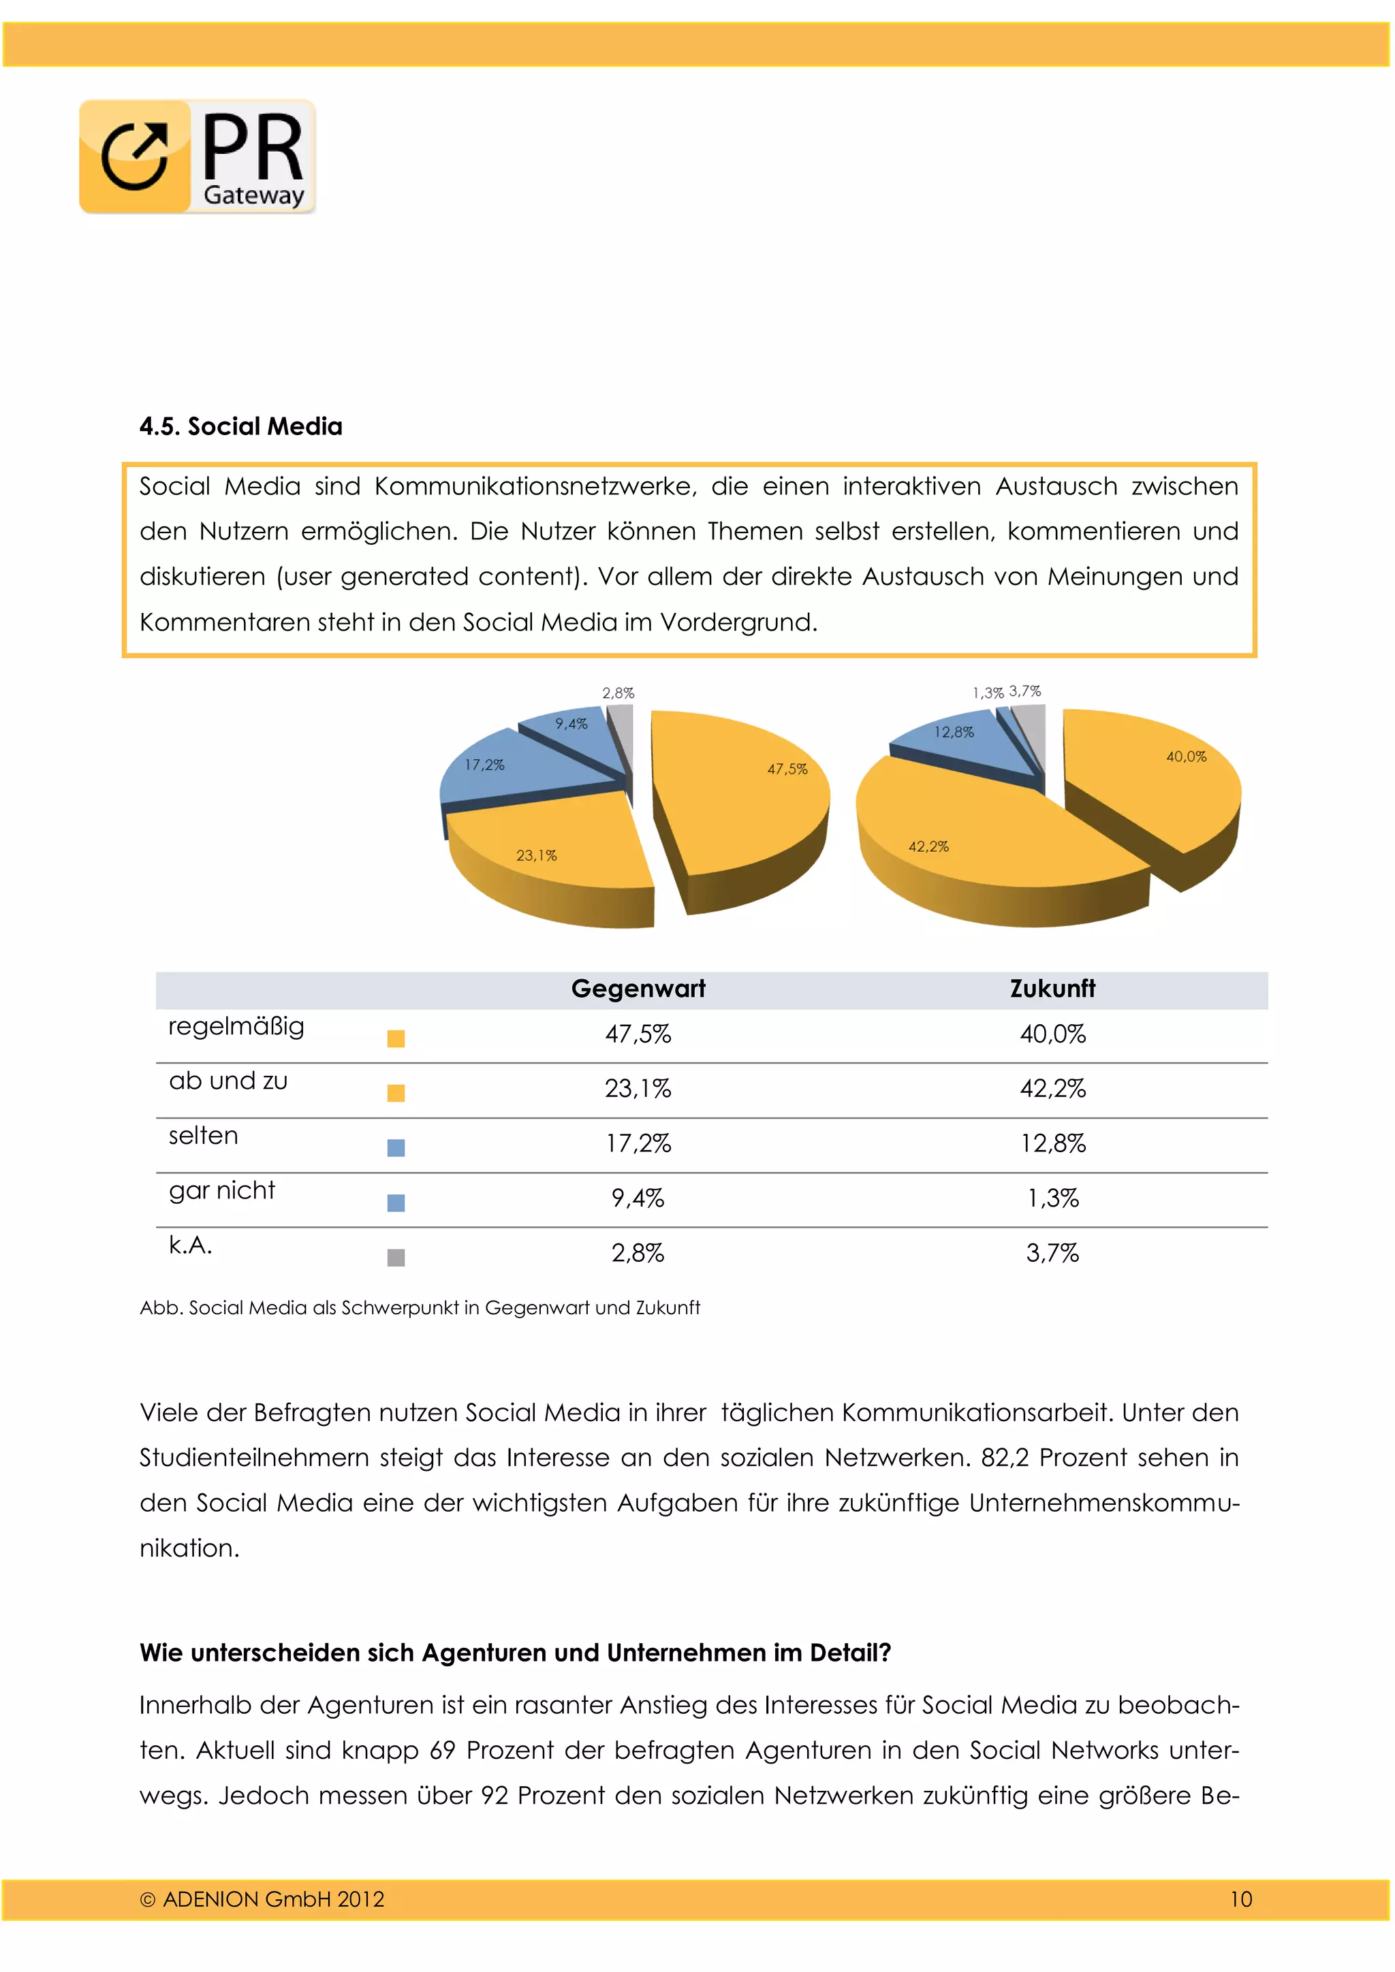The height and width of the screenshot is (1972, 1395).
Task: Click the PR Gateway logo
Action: pos(198,157)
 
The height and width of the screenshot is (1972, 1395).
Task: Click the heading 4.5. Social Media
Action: pos(240,426)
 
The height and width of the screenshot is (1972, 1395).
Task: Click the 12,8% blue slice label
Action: pos(954,732)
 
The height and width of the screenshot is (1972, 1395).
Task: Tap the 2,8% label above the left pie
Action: pos(618,693)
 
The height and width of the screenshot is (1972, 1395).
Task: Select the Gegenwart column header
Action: pos(638,989)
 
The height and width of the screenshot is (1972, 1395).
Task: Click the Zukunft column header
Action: pos(1052,989)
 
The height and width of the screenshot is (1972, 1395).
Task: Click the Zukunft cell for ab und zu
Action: pos(1052,1089)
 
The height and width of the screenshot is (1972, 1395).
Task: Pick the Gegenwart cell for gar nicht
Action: pos(638,1198)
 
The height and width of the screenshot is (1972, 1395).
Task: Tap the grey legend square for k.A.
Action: pos(396,1258)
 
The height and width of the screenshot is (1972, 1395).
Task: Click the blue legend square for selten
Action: pos(396,1148)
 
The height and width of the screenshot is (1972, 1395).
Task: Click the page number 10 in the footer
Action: pos(1240,1898)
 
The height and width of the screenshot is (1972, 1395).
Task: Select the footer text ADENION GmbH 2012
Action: pos(262,1898)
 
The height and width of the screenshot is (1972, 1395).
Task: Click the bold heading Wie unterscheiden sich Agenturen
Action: pos(516,1653)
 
